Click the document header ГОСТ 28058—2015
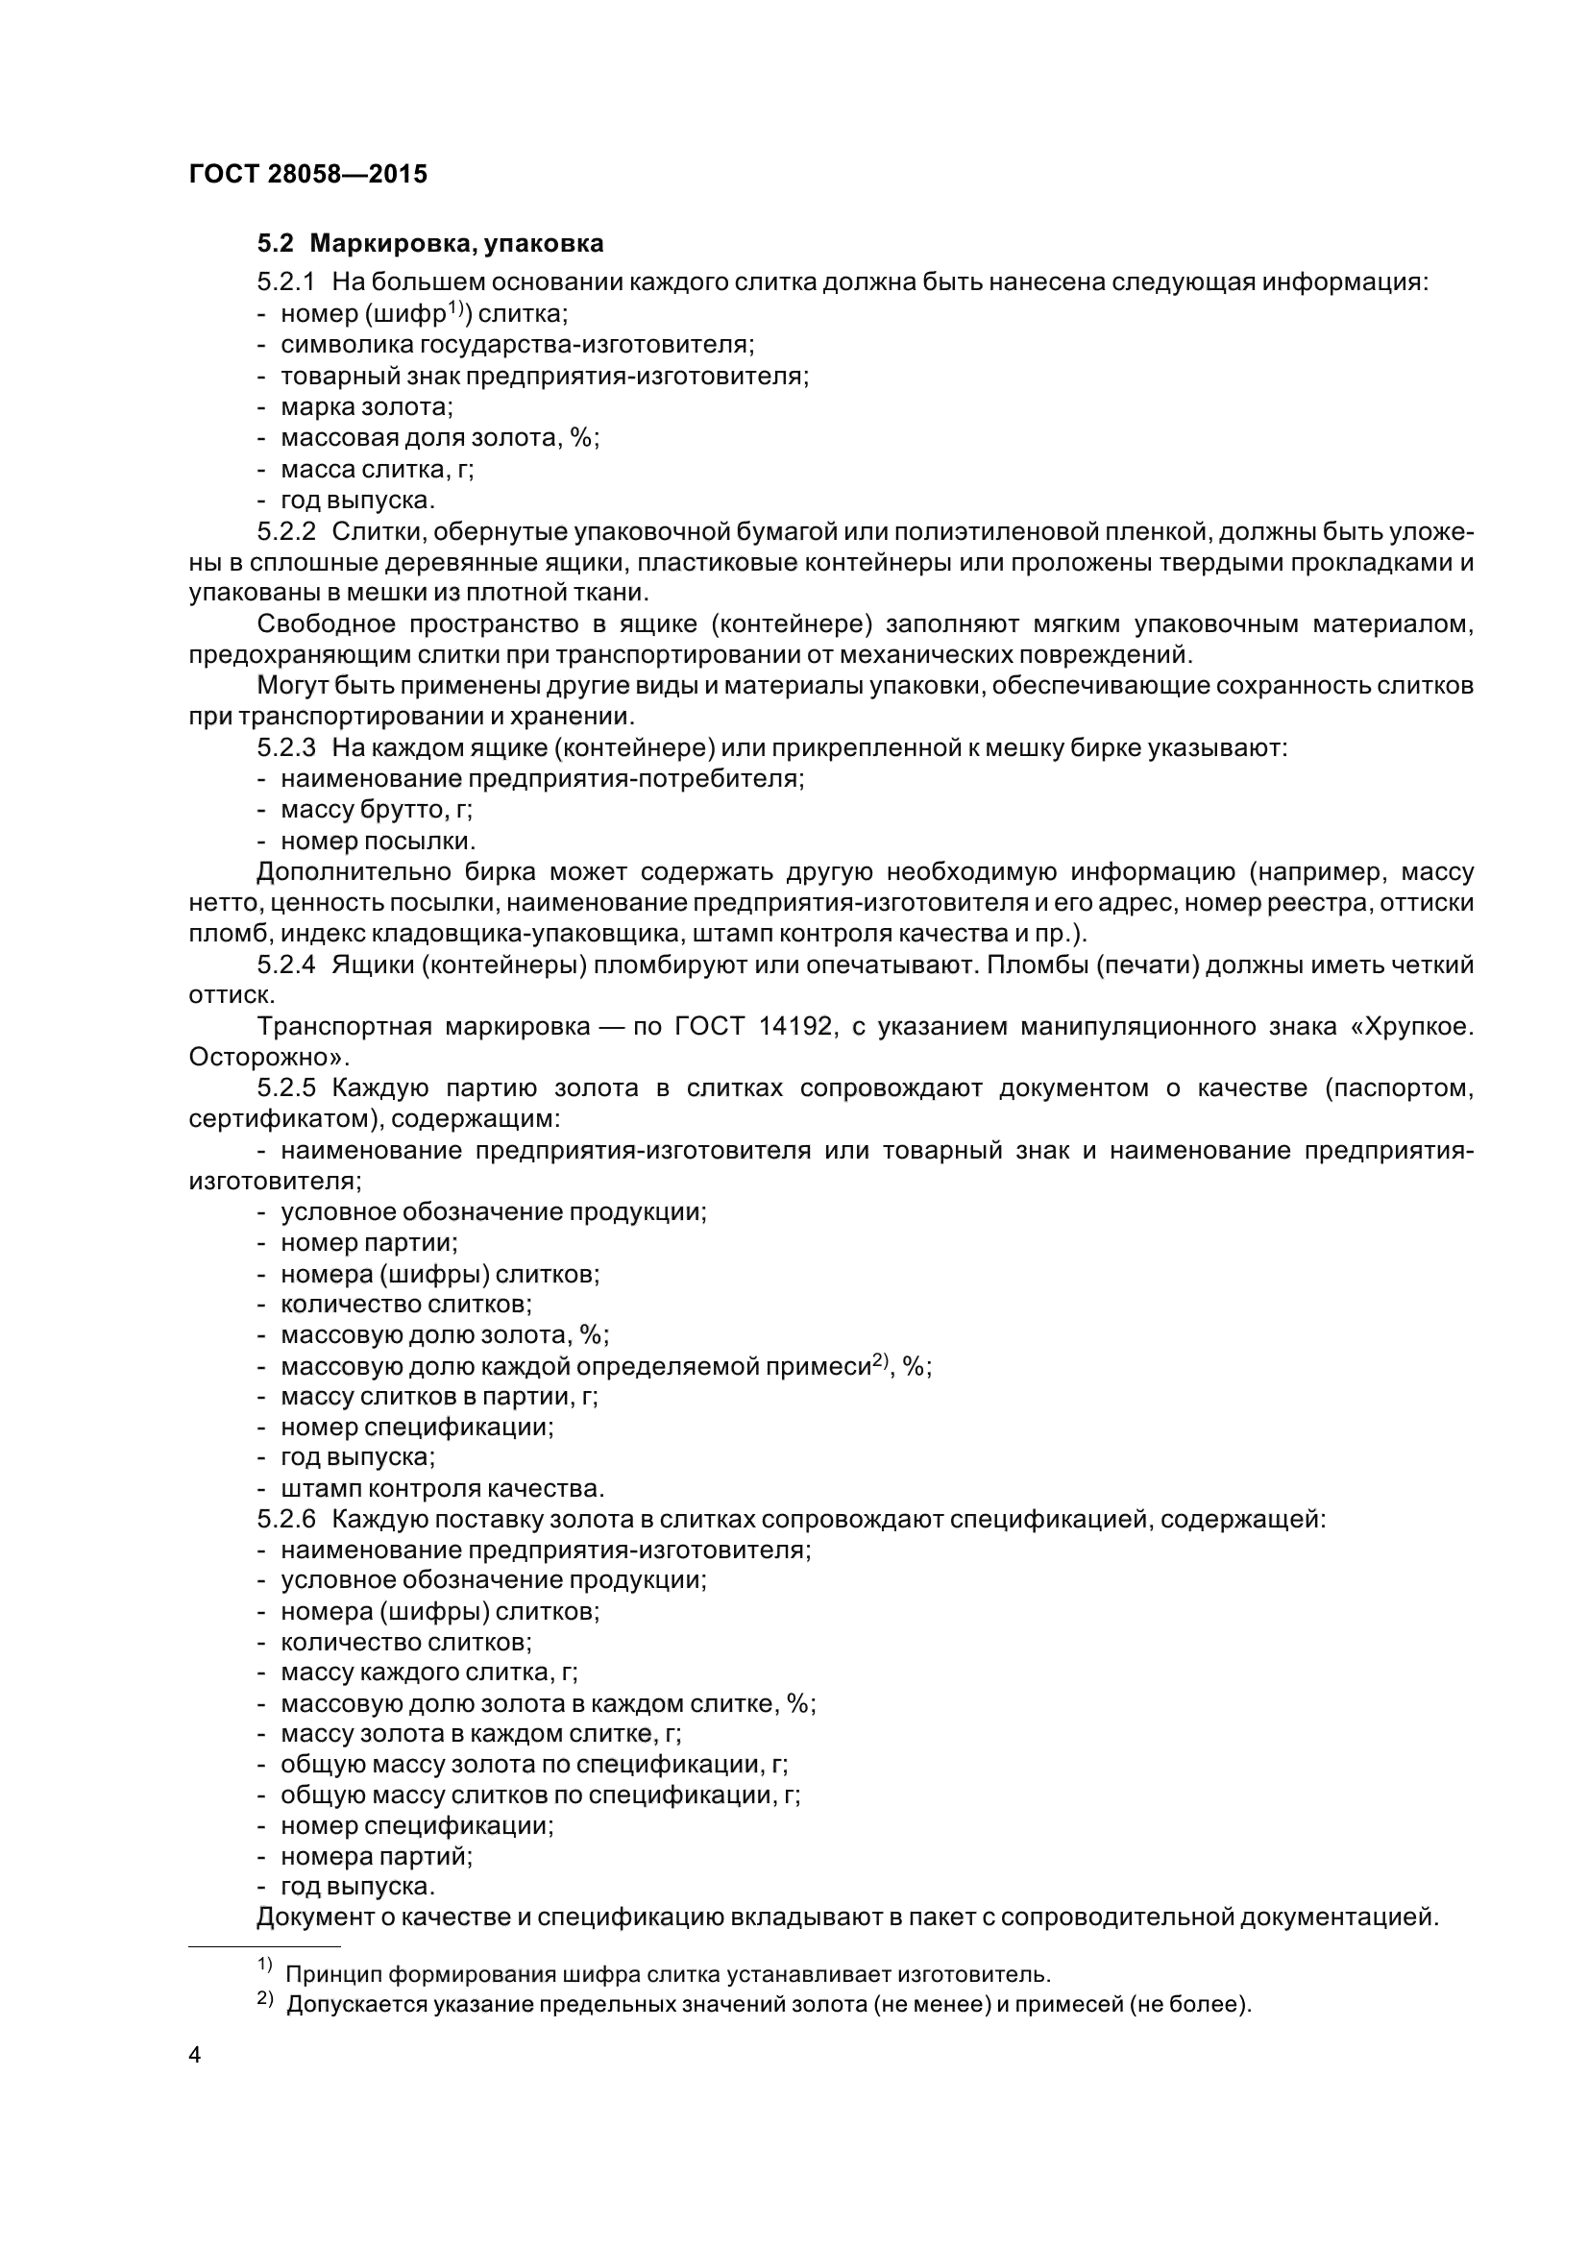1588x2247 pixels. coord(307,175)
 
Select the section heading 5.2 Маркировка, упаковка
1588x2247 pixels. coord(429,244)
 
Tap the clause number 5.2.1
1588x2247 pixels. coord(285,282)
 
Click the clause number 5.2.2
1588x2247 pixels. coord(285,532)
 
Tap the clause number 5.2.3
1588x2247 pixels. coord(285,748)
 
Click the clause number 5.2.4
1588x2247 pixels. coord(285,965)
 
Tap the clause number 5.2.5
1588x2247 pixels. coord(285,1088)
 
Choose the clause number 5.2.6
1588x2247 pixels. coord(285,1520)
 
